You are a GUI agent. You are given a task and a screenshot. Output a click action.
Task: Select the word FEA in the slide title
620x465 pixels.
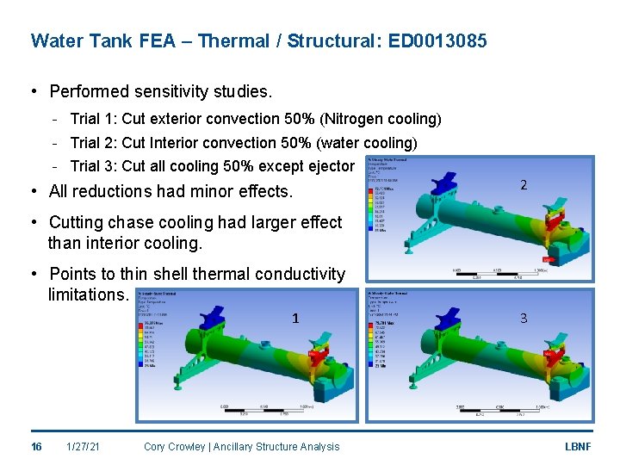coord(158,40)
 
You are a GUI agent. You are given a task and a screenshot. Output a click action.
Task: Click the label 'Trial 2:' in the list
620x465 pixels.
coord(94,143)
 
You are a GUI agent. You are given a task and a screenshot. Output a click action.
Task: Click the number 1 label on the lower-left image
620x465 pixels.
coord(295,319)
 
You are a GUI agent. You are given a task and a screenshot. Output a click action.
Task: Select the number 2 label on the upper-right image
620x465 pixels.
coord(523,185)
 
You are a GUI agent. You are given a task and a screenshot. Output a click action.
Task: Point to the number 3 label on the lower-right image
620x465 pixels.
coord(523,319)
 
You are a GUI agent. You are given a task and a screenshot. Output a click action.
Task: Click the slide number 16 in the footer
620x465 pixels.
coord(36,446)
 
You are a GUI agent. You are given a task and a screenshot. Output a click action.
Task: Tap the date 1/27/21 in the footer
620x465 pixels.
coord(84,446)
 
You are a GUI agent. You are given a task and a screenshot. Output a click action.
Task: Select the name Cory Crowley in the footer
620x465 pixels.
coord(176,446)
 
